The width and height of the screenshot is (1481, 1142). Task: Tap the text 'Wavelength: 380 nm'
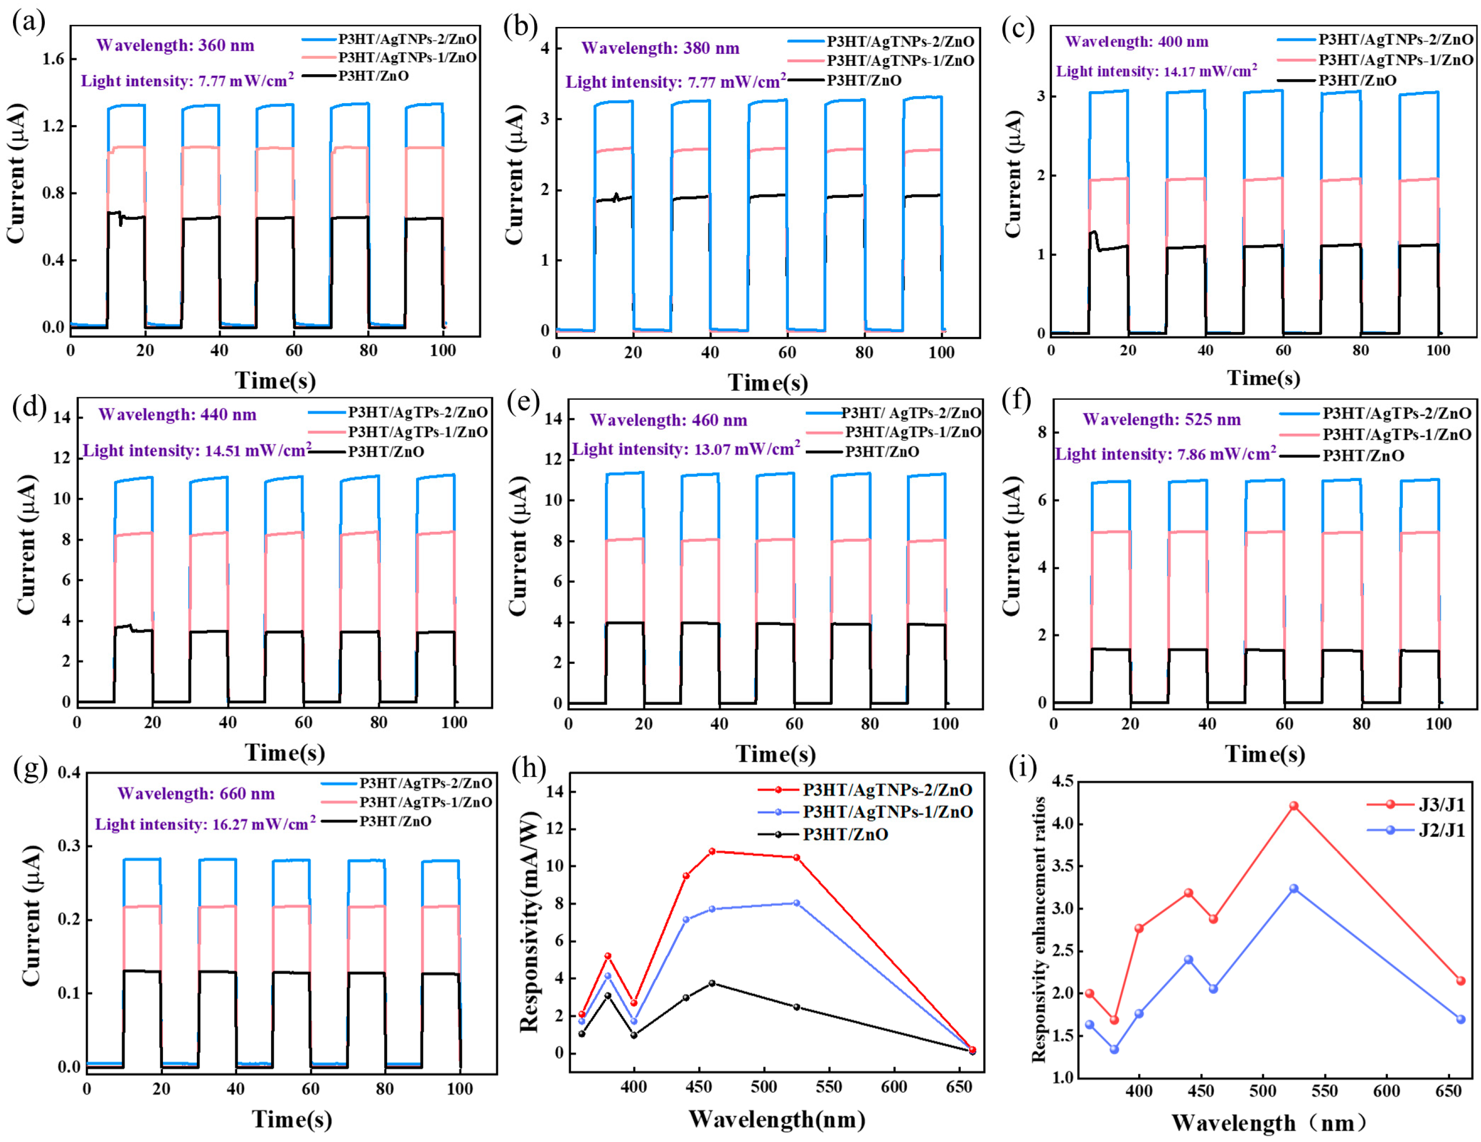click(x=660, y=48)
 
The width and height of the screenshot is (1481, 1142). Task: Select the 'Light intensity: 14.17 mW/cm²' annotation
click(x=1156, y=71)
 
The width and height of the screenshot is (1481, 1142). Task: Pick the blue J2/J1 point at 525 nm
click(x=1293, y=888)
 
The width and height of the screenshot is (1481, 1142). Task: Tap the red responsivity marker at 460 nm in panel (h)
click(x=711, y=851)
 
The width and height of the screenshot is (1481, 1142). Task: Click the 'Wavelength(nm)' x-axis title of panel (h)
click(x=777, y=1120)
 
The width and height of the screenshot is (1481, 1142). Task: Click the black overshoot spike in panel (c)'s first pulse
click(x=1093, y=233)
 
